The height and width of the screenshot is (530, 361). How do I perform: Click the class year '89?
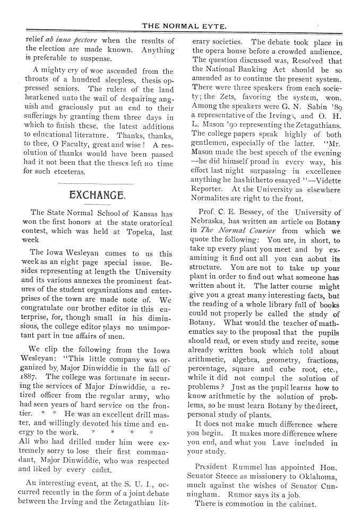click(335, 119)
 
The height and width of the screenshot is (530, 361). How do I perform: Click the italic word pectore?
click(83, 41)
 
